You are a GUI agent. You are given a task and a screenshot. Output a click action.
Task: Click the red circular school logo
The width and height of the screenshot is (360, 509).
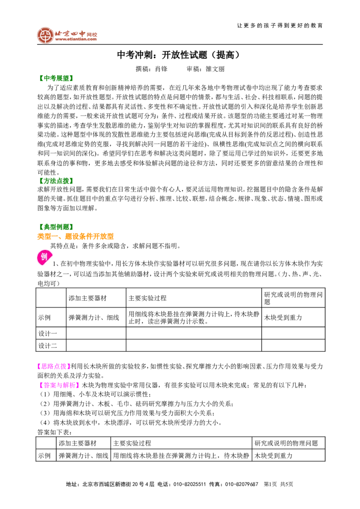(x=45, y=36)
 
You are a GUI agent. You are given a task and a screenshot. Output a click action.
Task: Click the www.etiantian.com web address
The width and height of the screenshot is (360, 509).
(x=76, y=39)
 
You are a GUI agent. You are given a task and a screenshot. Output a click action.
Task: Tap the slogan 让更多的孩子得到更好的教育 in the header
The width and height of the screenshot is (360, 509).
(x=280, y=26)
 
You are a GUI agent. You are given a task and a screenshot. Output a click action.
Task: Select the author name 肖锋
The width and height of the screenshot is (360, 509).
(x=161, y=69)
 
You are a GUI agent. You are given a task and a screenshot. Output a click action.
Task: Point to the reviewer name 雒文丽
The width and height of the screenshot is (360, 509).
(x=215, y=69)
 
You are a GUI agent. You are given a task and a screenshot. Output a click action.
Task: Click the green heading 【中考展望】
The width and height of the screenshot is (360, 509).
(x=55, y=78)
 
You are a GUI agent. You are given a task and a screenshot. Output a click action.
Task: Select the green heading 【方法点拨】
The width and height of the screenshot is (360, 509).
(x=55, y=181)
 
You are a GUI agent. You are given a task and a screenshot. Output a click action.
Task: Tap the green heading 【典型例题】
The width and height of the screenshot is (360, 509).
(x=55, y=227)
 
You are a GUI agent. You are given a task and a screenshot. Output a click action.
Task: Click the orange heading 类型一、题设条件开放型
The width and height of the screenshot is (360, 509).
(x=76, y=237)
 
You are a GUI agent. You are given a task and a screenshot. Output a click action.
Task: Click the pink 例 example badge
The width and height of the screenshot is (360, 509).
(x=44, y=257)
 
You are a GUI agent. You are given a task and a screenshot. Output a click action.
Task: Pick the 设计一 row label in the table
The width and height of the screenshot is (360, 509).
(x=47, y=333)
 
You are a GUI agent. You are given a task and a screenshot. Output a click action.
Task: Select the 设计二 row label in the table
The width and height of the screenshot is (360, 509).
(x=47, y=346)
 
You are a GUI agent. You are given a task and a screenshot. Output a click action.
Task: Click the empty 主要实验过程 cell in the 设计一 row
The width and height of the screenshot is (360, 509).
(x=193, y=333)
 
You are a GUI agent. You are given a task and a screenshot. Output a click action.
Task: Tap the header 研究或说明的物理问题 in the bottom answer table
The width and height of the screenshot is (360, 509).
(x=286, y=443)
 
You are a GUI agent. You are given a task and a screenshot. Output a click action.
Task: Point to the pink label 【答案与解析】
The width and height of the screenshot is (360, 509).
(x=58, y=385)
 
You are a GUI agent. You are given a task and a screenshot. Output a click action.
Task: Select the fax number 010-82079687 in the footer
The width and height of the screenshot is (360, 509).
(x=242, y=484)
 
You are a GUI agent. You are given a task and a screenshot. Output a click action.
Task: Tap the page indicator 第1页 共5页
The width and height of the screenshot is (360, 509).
(x=279, y=484)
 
